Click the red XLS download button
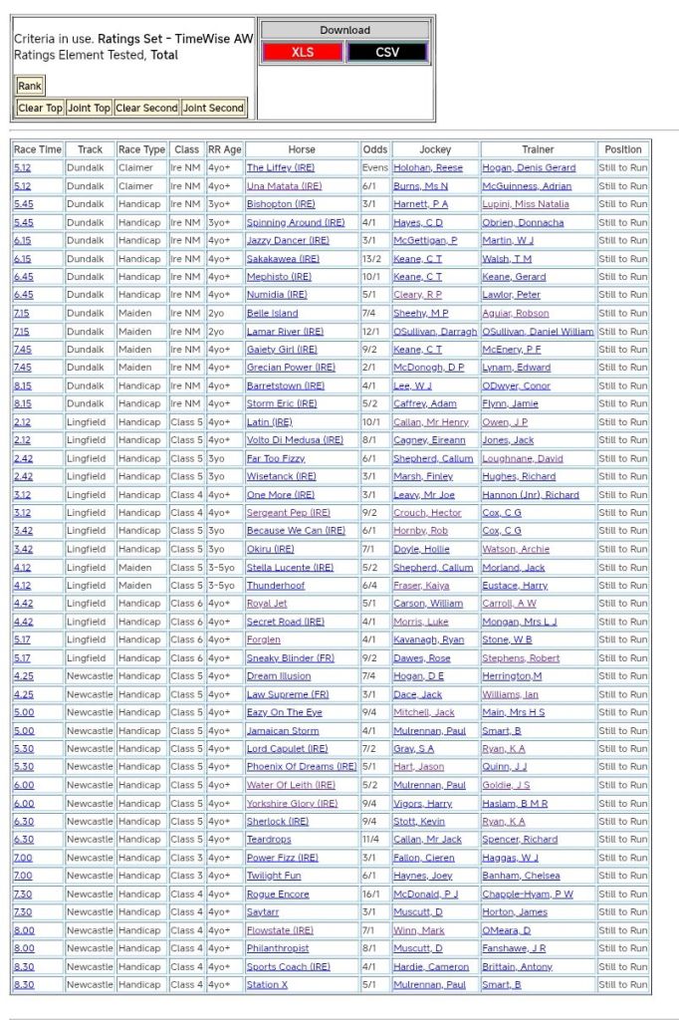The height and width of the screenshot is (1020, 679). pyautogui.click(x=303, y=52)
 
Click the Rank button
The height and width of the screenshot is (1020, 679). pyautogui.click(x=30, y=86)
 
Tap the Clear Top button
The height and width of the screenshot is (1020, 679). pyautogui.click(x=40, y=108)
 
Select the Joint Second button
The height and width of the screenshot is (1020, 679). pyautogui.click(x=213, y=108)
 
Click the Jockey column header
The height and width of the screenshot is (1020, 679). pyautogui.click(x=435, y=149)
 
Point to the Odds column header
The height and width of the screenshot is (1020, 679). pyautogui.click(x=375, y=149)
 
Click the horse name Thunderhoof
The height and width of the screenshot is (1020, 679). pyautogui.click(x=276, y=586)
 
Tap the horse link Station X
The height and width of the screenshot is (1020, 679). pyautogui.click(x=267, y=985)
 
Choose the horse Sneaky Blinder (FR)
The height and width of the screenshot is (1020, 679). pyautogui.click(x=290, y=658)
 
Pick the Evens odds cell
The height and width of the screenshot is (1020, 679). pyautogui.click(x=375, y=168)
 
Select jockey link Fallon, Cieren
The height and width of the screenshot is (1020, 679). pyautogui.click(x=425, y=858)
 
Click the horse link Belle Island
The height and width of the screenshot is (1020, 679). pyautogui.click(x=272, y=313)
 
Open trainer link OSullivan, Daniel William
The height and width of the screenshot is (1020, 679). pyautogui.click(x=538, y=332)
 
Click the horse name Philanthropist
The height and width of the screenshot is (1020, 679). pyautogui.click(x=278, y=948)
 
